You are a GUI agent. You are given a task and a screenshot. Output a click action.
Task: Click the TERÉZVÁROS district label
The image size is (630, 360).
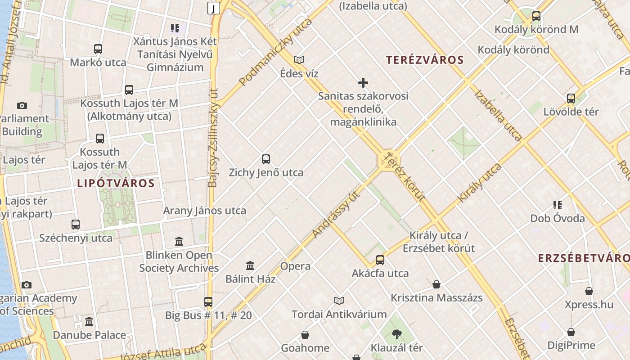pos(425,60)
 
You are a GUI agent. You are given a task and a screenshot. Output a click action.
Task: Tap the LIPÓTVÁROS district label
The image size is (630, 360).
pos(116,183)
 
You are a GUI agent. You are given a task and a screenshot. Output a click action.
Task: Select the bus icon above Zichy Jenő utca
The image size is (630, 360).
pos(266,159)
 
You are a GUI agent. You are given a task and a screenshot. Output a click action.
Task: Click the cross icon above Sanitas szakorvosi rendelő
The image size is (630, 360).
pos(363,83)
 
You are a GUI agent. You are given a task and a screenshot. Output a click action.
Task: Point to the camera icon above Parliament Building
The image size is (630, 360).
pos(22,105)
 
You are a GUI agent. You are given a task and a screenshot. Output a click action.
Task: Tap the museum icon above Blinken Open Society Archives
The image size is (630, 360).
pos(179,242)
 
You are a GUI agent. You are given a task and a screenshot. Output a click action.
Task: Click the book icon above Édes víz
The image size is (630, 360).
pos(299,60)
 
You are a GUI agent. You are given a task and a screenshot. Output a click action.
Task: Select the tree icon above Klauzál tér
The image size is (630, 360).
pos(396,334)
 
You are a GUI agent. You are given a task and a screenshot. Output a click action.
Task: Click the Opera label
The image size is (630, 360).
pos(295,266)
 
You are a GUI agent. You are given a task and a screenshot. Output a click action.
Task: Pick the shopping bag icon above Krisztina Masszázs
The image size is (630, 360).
pos(436,284)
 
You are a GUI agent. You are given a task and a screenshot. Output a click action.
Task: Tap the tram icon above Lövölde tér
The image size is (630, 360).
pos(571,98)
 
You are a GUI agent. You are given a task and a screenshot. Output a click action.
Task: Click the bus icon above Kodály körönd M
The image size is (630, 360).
pos(536,16)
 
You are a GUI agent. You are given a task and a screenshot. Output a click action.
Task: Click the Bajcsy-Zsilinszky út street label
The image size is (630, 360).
pos(213,137)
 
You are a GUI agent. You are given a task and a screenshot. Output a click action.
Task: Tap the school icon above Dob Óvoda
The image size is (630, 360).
pos(558,205)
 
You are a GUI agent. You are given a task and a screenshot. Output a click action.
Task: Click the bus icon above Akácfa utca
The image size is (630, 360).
pos(380,260)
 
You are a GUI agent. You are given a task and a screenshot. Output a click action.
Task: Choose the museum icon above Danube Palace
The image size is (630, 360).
pos(89,321)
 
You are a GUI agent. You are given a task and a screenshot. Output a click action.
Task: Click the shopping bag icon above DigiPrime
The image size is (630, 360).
pos(571,332)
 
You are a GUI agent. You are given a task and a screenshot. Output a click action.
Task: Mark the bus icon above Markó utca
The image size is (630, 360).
pos(98,49)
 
